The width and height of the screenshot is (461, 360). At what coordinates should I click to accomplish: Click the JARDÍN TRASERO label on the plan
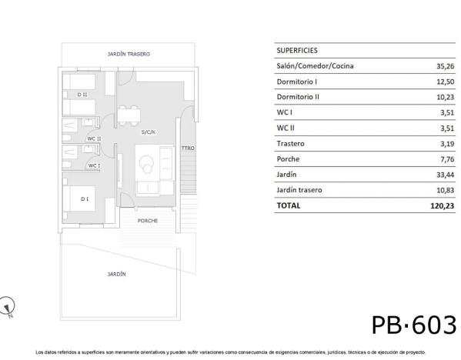tap(129, 54)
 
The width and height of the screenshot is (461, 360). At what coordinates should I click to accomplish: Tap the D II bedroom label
tap(82, 95)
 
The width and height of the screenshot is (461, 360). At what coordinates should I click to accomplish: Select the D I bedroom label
tap(85, 199)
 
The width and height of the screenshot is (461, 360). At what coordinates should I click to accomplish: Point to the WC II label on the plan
tap(94, 138)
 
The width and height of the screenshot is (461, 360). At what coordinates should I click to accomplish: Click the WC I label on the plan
tap(94, 165)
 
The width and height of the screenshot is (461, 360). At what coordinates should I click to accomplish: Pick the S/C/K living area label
tap(149, 132)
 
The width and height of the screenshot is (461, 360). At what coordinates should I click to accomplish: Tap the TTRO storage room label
tap(188, 148)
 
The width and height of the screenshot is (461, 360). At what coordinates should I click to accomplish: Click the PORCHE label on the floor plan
tap(148, 221)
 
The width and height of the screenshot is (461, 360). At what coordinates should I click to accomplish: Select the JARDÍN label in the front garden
tap(116, 274)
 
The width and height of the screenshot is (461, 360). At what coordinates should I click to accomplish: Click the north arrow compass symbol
tap(6, 306)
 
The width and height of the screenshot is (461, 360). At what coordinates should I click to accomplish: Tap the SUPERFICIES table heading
tap(297, 50)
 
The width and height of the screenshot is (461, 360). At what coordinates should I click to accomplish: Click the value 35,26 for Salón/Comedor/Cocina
tap(445, 66)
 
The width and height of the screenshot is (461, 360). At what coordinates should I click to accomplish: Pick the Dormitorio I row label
tap(296, 82)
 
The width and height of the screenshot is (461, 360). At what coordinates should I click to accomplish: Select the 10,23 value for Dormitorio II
tap(445, 97)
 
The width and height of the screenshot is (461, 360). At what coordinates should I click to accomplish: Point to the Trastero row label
tap(290, 143)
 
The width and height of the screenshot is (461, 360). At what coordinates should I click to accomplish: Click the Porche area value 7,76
tap(447, 159)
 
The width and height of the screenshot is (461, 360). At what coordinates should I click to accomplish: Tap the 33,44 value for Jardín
tap(445, 175)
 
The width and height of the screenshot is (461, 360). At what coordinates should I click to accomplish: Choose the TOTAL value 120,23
tap(443, 205)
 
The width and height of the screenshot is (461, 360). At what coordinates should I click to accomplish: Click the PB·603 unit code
tap(414, 325)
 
